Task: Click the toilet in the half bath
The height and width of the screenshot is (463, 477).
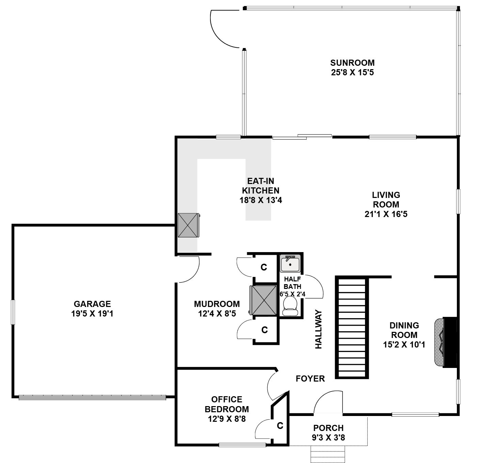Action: pyautogui.click(x=290, y=306)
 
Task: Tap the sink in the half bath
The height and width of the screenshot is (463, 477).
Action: pyautogui.click(x=290, y=263)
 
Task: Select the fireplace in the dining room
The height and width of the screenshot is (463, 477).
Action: pyautogui.click(x=446, y=342)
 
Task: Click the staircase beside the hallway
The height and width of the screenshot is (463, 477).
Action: pyautogui.click(x=352, y=327)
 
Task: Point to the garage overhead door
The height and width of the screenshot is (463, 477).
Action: pyautogui.click(x=92, y=398)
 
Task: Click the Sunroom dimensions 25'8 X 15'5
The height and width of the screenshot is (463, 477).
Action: pyautogui.click(x=352, y=73)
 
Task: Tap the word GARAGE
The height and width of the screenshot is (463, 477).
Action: pyautogui.click(x=92, y=304)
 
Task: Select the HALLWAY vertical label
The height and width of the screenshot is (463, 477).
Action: pyautogui.click(x=318, y=329)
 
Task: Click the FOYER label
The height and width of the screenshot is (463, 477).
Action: pyautogui.click(x=310, y=379)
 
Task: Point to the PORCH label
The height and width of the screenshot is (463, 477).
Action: pyautogui.click(x=328, y=428)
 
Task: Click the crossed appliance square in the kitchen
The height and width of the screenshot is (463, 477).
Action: pyautogui.click(x=188, y=225)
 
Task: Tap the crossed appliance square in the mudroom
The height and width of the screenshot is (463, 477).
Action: pyautogui.click(x=263, y=300)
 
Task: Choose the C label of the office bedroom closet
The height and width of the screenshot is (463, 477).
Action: pyautogui.click(x=280, y=426)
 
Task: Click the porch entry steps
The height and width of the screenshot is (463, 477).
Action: pyautogui.click(x=328, y=454)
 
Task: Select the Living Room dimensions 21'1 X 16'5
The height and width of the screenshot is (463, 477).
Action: pyautogui.click(x=386, y=214)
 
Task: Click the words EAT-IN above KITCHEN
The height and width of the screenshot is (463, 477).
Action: pyautogui.click(x=260, y=181)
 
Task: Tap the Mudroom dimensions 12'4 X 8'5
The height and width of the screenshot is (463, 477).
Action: pyautogui.click(x=217, y=314)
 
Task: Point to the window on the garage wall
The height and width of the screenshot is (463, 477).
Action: pyautogui.click(x=13, y=312)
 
